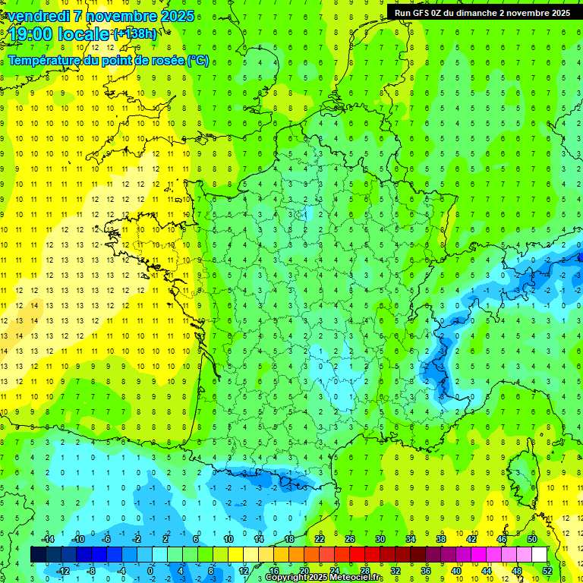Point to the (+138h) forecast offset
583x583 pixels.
click(135, 34)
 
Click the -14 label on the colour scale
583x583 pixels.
click(49, 538)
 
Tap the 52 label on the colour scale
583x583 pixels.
click(547, 570)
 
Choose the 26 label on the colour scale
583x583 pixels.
click(350, 538)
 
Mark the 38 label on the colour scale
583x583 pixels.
click(440, 538)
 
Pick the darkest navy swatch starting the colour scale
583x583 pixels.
click(38, 554)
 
